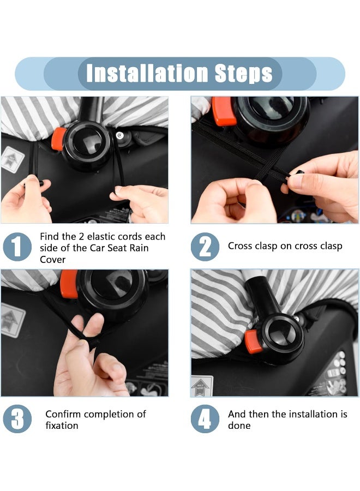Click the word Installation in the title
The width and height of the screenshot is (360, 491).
tap(147, 74)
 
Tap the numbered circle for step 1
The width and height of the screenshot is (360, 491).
tap(17, 247)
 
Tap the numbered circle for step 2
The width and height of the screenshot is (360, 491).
tap(205, 247)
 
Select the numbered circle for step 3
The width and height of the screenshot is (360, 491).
tap(17, 419)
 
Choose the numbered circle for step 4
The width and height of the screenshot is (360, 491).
tap(205, 419)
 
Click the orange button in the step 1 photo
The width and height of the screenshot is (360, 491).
tap(58, 139)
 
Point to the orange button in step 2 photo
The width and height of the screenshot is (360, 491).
tap(223, 111)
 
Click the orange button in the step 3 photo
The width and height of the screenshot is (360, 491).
tap(69, 284)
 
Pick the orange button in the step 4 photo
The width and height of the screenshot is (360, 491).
tap(254, 342)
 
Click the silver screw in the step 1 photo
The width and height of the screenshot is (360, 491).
tap(119, 135)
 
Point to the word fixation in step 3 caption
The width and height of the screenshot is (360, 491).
tap(62, 426)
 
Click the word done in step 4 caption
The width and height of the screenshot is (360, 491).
tap(239, 426)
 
